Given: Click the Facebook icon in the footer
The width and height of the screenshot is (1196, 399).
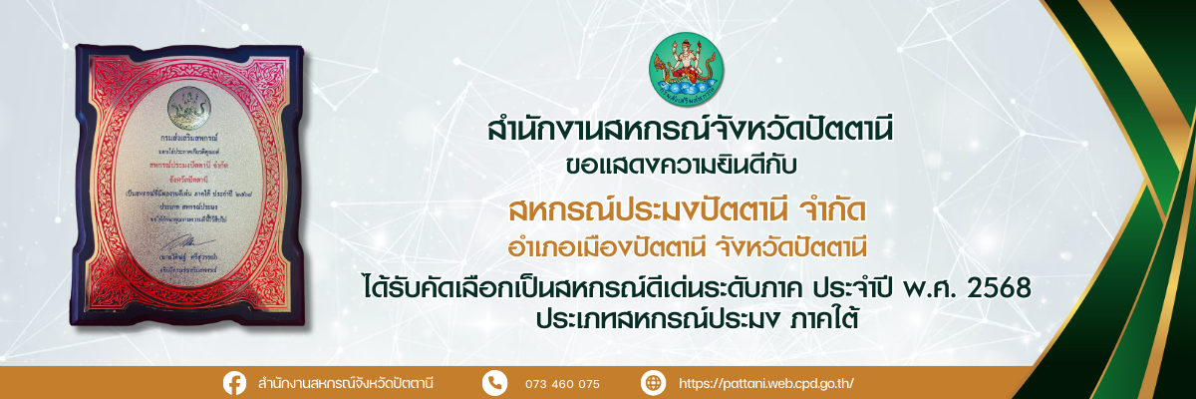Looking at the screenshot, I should point(235,383).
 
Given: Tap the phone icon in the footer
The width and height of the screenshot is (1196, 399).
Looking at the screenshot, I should point(494,383).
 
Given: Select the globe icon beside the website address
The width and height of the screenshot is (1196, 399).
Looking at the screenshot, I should point(653,383).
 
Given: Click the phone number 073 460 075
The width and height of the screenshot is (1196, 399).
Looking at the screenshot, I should point(563,384).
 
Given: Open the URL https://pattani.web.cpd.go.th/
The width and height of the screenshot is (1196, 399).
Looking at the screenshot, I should point(765,384).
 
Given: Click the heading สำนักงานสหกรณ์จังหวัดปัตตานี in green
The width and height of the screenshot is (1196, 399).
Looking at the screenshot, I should point(688,131).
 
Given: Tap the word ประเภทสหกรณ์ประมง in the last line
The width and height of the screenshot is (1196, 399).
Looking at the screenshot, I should point(650,318).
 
